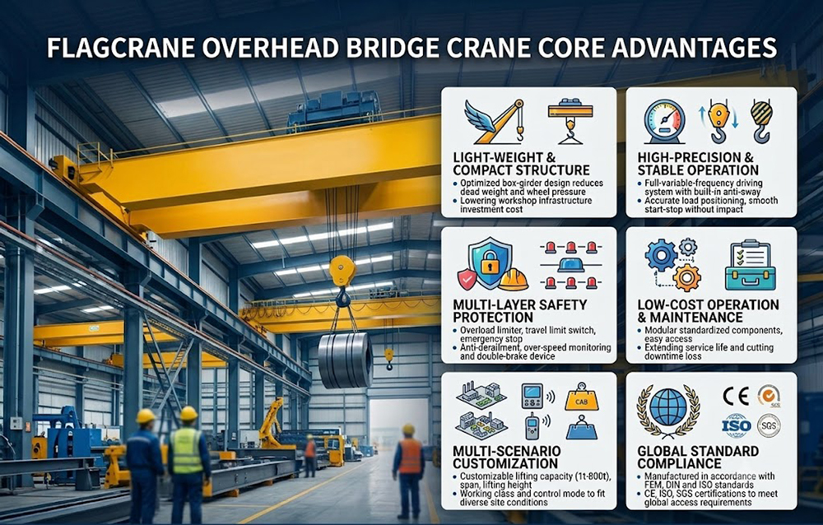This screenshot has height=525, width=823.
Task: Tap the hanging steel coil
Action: click(x=345, y=360)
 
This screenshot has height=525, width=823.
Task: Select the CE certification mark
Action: click(x=736, y=397)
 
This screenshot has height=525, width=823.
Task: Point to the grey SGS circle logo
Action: click(x=769, y=425)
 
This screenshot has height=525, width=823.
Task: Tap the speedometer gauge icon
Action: click(x=664, y=121)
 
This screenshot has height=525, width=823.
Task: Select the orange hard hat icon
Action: click(x=514, y=279)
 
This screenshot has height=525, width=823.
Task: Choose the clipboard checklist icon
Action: click(x=751, y=266)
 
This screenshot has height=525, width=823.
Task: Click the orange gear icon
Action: click(x=686, y=277)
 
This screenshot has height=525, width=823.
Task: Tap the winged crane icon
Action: click(x=495, y=123)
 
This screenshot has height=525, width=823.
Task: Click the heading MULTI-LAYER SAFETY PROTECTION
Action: click(x=519, y=311)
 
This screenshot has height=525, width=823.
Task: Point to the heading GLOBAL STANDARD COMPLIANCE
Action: click(x=698, y=458)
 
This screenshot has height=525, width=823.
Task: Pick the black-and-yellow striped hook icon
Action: click(x=761, y=121)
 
